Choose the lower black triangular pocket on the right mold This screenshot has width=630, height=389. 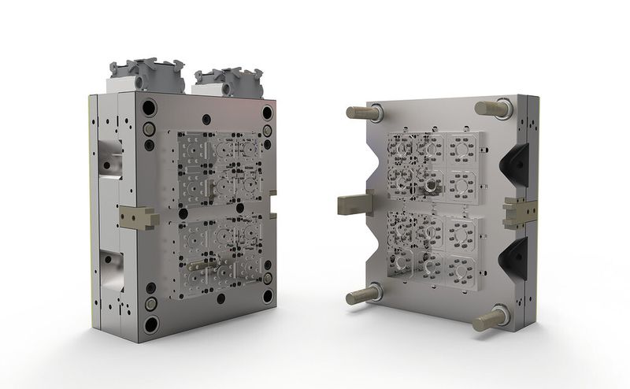click(x=513, y=257)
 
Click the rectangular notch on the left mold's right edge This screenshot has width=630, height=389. click(x=272, y=210)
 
